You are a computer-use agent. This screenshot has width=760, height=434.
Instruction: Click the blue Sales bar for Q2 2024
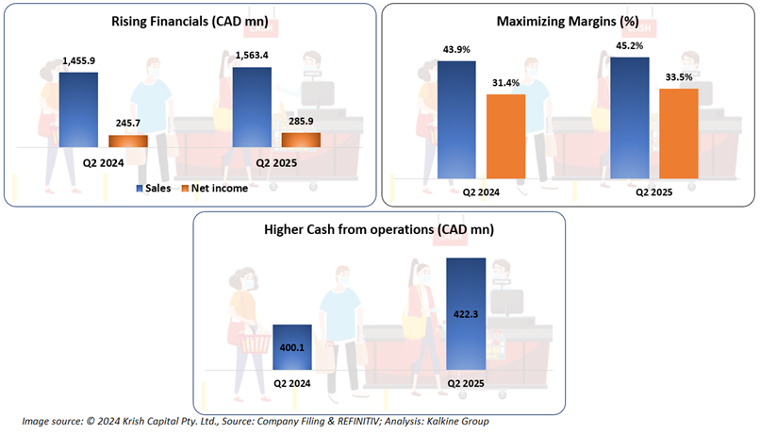pos(77,109)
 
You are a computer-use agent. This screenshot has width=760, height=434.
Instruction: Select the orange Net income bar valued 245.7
pos(128,142)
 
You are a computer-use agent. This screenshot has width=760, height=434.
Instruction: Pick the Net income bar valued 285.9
pos(301,140)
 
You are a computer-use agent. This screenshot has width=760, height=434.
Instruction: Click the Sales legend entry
pos(153,188)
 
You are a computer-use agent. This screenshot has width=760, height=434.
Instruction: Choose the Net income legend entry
pos(214,188)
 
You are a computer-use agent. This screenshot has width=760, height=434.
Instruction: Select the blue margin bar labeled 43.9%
pos(456,119)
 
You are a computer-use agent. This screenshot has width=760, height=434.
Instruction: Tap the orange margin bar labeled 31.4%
pos(505,135)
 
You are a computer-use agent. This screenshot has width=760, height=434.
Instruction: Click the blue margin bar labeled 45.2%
pos(630,117)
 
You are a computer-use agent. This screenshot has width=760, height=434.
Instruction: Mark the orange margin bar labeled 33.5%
pos(678,132)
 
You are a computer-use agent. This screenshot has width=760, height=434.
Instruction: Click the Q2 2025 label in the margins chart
pos(653,192)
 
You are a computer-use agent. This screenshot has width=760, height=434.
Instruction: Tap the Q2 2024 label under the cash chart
pos(292,383)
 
